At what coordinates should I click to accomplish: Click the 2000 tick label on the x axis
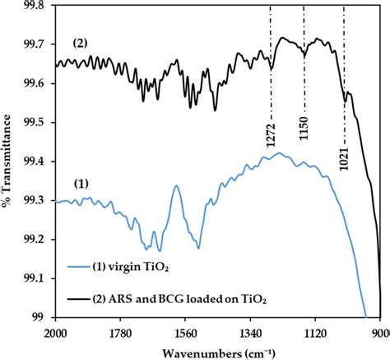coord(54,332)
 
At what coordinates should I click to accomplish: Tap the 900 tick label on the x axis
coord(379,332)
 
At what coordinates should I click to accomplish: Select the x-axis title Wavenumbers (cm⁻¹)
coord(217,351)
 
